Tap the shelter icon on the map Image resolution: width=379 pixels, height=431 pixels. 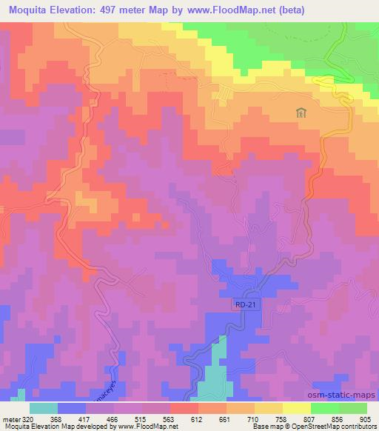tap(301, 113)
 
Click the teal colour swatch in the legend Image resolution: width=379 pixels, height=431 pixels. tap(44, 408)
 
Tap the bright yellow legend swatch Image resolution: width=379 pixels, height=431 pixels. tap(296, 408)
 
